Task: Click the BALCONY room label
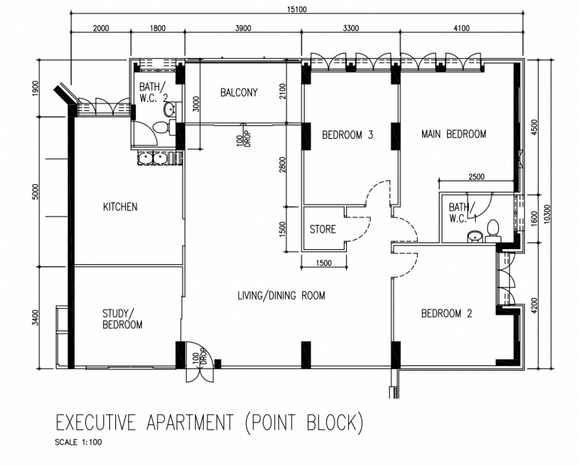[x=239, y=92]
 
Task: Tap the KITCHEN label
[x=120, y=207]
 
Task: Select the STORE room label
[x=323, y=229]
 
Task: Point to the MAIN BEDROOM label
[x=454, y=134]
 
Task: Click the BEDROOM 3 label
[x=348, y=135]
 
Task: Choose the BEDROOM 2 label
[x=446, y=313]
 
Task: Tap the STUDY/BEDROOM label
[x=122, y=319]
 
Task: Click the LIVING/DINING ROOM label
[x=281, y=296]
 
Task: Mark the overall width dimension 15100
[x=297, y=9]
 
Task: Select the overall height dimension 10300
[x=547, y=214]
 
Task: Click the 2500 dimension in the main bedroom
[x=476, y=177]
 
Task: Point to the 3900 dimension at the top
[x=243, y=28]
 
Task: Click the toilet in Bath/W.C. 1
[x=492, y=231]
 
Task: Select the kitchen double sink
[x=153, y=159]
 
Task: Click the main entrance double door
[x=199, y=362]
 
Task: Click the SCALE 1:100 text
[x=78, y=442]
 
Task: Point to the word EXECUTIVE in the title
[x=96, y=423]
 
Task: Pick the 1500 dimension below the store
[x=324, y=263]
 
